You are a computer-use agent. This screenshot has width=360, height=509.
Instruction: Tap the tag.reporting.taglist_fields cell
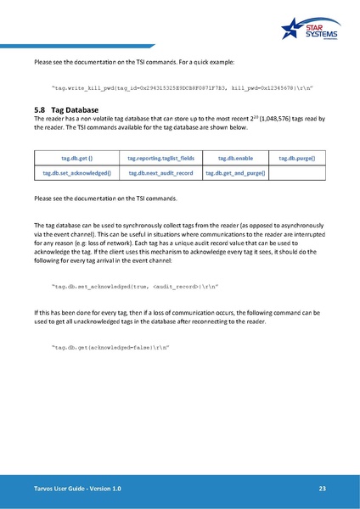click(x=160, y=158)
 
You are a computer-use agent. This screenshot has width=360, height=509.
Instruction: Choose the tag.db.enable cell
click(x=235, y=158)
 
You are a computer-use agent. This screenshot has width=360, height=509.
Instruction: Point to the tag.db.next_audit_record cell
click(x=160, y=173)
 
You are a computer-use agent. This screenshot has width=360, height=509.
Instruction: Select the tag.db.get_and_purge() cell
click(x=235, y=173)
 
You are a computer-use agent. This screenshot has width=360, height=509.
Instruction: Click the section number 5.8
click(x=40, y=110)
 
